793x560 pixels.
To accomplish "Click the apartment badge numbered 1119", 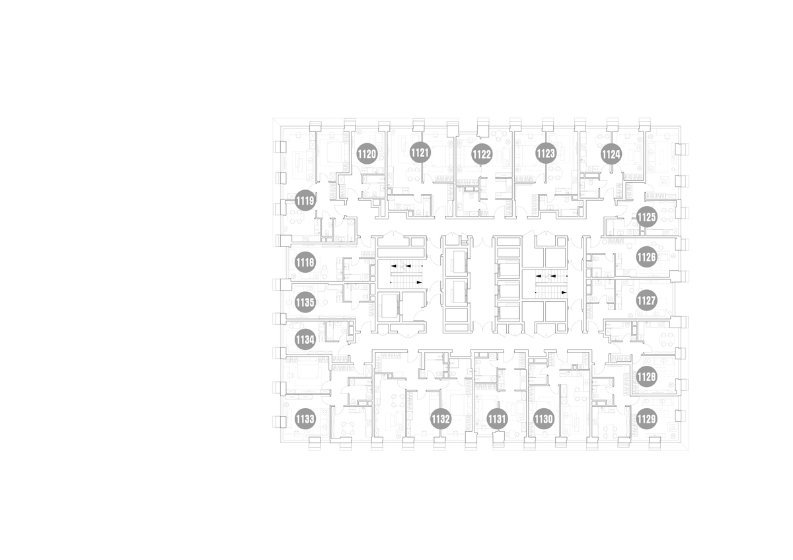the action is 305,201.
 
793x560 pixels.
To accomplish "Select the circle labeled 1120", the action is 366,155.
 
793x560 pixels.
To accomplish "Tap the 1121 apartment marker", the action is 420,153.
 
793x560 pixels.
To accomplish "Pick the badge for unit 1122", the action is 482,155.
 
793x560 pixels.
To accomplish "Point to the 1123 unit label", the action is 546,153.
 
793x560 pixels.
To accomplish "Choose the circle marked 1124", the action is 611,155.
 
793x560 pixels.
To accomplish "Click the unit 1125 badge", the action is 646,217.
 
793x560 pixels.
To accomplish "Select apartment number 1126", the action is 646,257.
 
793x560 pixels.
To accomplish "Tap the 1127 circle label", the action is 646,300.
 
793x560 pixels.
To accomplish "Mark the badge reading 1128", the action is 646,377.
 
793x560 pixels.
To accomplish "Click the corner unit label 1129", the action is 646,419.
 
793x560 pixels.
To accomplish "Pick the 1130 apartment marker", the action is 543,419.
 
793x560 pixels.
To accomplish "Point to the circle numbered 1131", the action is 497,419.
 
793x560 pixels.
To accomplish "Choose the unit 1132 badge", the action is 440,419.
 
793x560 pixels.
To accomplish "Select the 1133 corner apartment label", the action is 305,419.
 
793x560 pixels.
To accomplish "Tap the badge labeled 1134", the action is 305,340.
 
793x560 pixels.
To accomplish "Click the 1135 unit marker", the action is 305,302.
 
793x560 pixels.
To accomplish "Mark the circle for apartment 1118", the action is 305,262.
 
